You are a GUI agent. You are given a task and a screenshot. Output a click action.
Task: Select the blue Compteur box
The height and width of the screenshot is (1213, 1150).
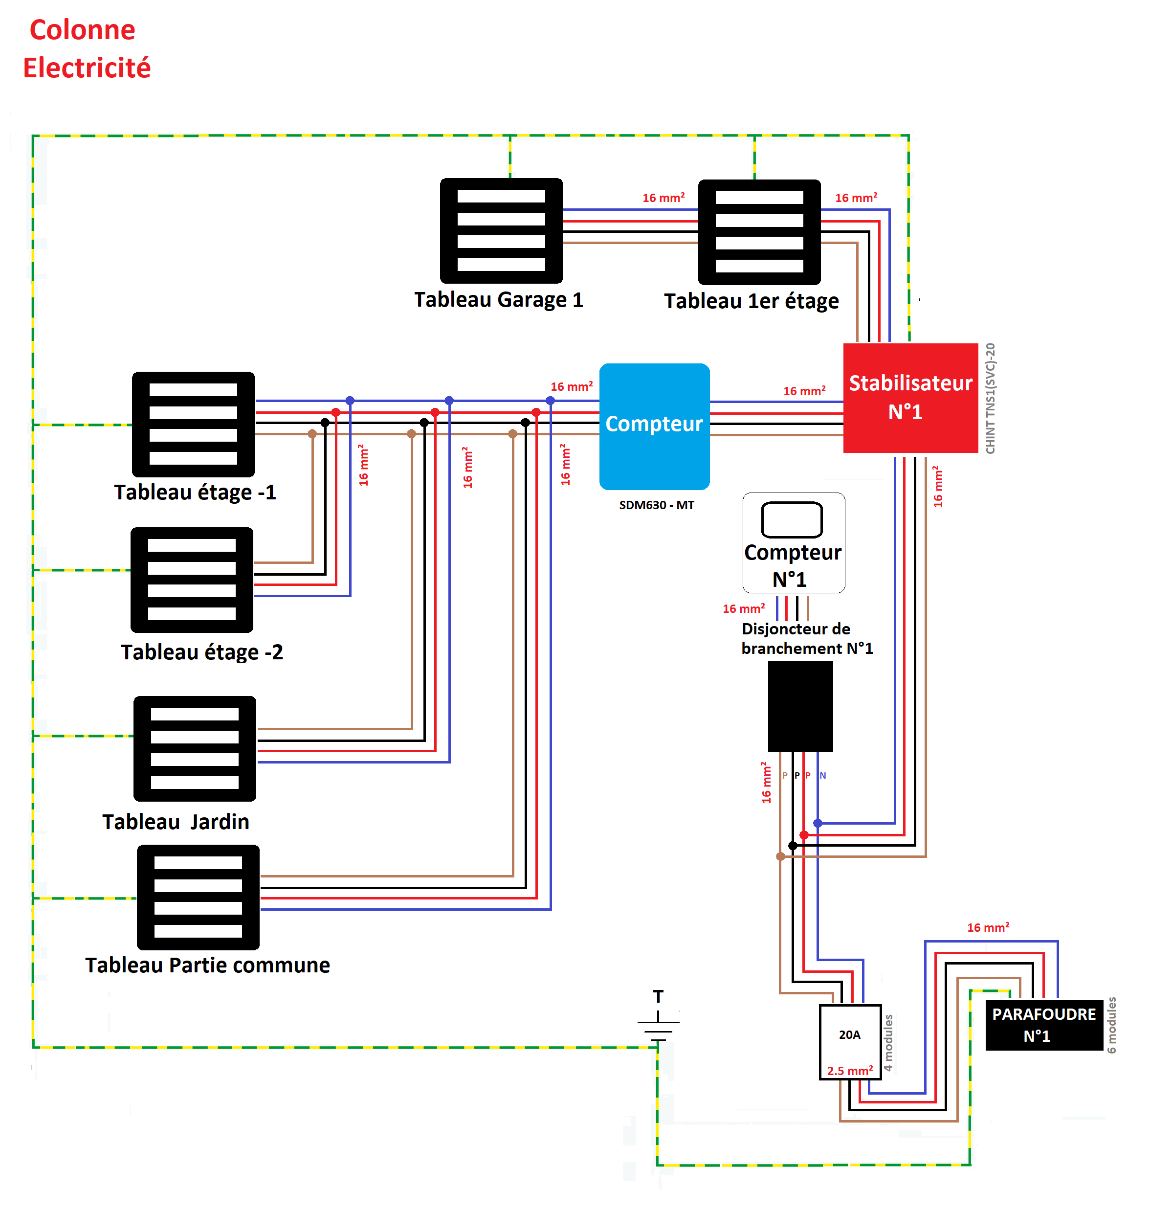[x=654, y=426]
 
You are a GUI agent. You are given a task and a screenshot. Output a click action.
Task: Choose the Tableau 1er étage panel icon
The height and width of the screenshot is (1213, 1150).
[x=759, y=232]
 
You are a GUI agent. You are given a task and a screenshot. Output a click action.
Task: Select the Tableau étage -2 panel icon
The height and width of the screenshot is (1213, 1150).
[x=192, y=580]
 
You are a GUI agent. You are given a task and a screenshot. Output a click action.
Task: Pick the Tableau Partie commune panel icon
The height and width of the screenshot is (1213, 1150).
[x=198, y=897]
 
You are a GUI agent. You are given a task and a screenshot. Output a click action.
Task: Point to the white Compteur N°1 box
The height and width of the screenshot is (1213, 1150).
[x=793, y=543]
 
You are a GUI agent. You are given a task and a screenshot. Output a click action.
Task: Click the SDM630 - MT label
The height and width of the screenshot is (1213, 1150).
[x=656, y=505]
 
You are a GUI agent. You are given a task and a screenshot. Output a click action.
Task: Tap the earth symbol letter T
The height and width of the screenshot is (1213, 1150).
[x=658, y=996]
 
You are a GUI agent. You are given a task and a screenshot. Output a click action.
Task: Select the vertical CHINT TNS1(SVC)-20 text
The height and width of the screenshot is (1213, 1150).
[x=990, y=398]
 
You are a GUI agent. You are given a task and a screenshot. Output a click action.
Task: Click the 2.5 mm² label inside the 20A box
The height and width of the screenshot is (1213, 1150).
[x=850, y=1071]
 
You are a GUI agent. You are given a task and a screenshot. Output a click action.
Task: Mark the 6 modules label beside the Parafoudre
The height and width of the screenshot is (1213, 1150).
[x=1111, y=1025]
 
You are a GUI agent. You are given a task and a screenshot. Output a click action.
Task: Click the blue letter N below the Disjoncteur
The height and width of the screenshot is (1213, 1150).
[x=823, y=775]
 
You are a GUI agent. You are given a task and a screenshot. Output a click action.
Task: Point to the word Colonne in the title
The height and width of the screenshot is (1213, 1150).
[x=82, y=29]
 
